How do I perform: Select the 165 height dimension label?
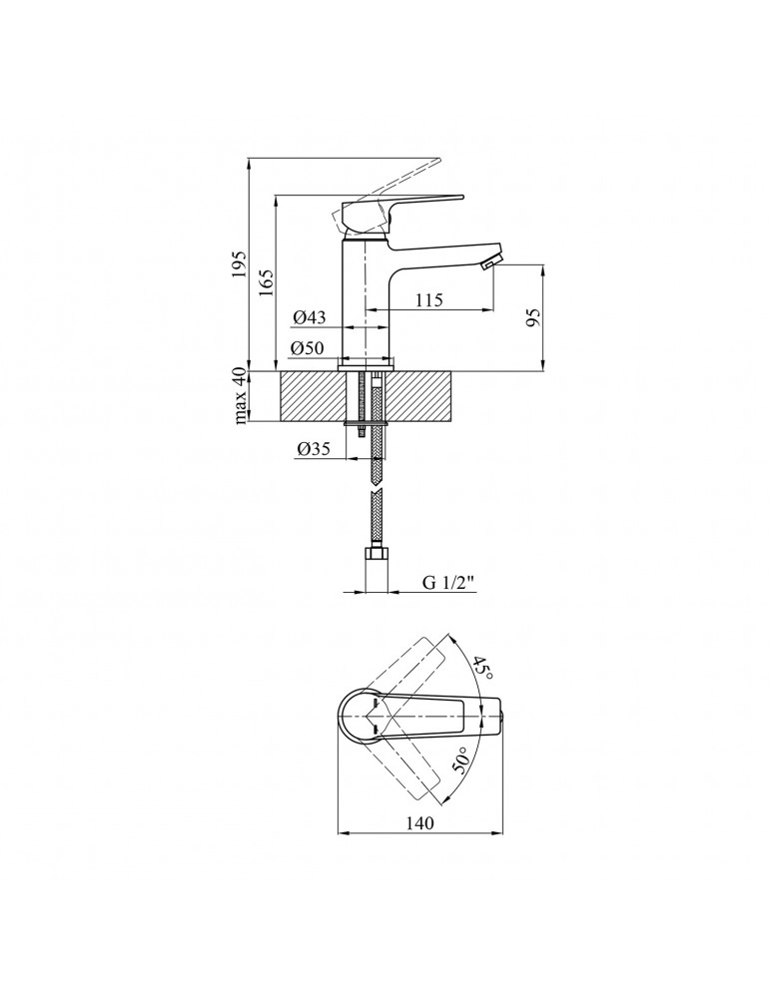pyautogui.click(x=266, y=282)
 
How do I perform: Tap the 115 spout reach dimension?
pyautogui.click(x=429, y=299)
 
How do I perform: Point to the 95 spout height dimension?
pyautogui.click(x=533, y=317)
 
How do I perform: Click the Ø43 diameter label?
pyautogui.click(x=310, y=316)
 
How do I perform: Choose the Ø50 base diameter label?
pyautogui.click(x=308, y=347)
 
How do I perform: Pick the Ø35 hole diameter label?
pyautogui.click(x=314, y=449)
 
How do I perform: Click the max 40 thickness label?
pyautogui.click(x=240, y=396)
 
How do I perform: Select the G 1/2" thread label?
pyautogui.click(x=449, y=582)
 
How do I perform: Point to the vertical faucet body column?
pyautogui.click(x=366, y=299)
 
